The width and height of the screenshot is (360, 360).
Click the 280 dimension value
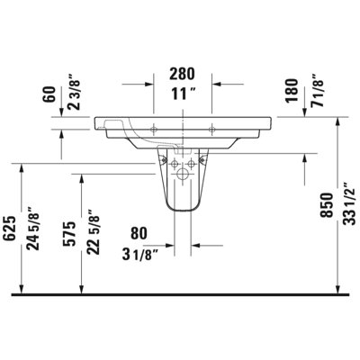(x=182, y=74)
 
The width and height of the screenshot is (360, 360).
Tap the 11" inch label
(x=184, y=94)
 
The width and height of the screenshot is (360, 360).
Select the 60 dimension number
(x=49, y=94)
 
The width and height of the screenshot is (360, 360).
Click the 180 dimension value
(x=292, y=91)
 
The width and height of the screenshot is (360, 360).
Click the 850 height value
(x=326, y=205)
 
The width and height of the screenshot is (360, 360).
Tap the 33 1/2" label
(x=349, y=203)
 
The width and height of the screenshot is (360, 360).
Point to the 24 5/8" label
(x=33, y=229)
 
